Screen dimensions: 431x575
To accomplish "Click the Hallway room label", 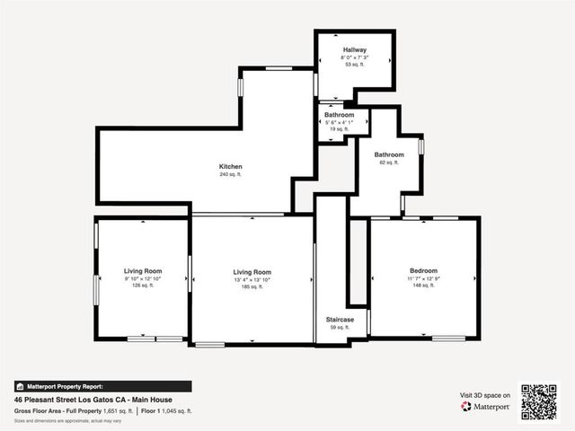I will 354,49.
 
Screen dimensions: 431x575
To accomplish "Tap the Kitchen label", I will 231,166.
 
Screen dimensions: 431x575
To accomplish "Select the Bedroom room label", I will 423,270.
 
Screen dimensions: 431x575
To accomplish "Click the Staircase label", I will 340,319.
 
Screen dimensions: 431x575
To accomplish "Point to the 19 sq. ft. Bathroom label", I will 339,115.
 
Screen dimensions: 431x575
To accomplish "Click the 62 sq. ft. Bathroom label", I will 389,154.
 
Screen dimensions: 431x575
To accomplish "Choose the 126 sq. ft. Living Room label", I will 142,270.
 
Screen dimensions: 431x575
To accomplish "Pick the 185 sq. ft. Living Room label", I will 252,272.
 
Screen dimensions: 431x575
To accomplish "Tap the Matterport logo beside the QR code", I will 486,407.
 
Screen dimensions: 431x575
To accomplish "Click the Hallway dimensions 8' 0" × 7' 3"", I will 354,57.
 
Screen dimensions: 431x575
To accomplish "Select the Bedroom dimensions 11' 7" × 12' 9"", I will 423,279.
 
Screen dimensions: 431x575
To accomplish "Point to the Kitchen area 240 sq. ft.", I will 231,174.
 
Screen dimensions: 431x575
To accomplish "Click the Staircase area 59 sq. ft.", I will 340,328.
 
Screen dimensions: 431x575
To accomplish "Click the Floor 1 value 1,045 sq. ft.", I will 174,410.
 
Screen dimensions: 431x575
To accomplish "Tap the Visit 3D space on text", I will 485,395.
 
